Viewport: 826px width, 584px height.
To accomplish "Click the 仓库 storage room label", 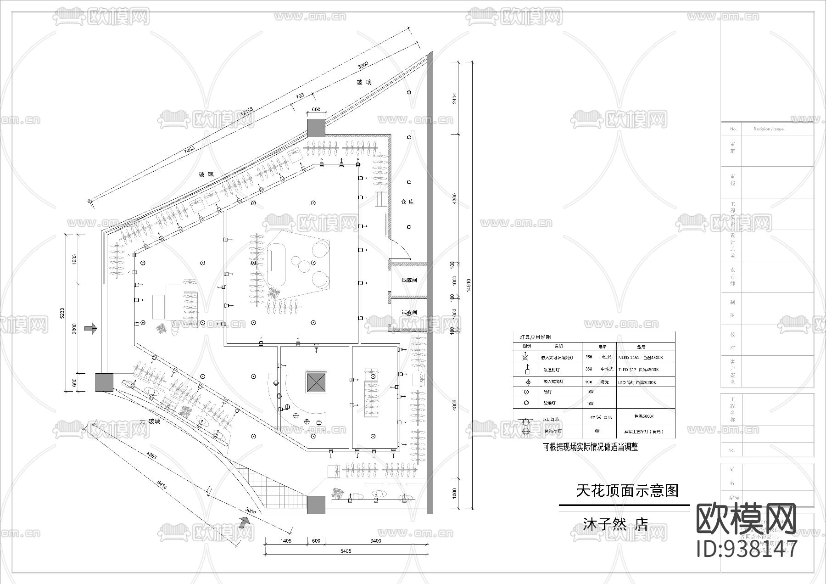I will pos(407,202).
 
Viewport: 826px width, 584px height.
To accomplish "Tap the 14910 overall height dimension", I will pos(468,285).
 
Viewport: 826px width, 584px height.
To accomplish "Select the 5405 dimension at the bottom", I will pos(346,551).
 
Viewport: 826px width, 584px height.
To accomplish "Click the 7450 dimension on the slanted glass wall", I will pos(189,149).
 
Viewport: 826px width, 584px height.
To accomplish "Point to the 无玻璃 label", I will pos(151,421).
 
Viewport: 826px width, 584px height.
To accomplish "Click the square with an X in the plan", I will pos(316,382).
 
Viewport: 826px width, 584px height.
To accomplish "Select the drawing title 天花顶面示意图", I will pos(627,491).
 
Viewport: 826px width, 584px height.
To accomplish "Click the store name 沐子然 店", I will pos(615,524).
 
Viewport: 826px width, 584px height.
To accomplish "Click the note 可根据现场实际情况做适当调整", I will pos(590,447).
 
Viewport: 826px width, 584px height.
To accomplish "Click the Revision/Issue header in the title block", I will pos(768,129).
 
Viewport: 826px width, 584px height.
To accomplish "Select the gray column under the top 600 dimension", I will pos(316,128).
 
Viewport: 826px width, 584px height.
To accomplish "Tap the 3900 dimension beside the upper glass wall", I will pos(363,66).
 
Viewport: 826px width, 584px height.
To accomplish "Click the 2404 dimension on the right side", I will pos(454,98).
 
